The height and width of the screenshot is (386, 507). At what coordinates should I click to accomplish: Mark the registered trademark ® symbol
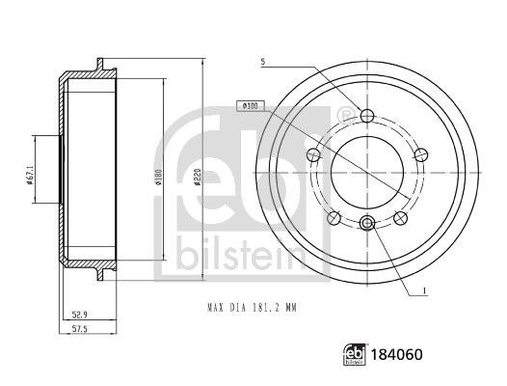click(341, 116)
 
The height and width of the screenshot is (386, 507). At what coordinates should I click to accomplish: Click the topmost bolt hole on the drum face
click(366, 116)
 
